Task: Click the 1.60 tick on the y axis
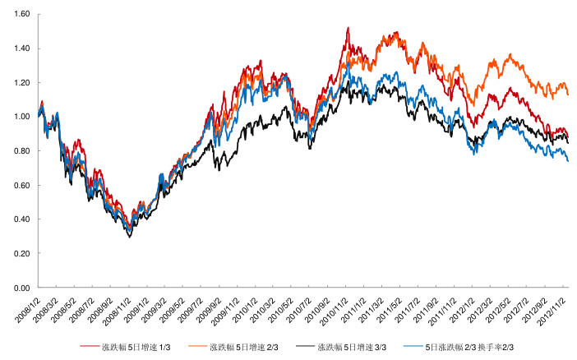click(21, 14)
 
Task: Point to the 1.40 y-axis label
click(21, 48)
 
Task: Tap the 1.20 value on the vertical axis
click(21, 83)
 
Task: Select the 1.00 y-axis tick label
click(21, 117)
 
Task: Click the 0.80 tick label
click(21, 151)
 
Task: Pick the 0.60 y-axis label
click(21, 186)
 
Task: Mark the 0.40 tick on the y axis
click(21, 219)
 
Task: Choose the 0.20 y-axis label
click(21, 254)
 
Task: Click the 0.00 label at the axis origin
click(21, 288)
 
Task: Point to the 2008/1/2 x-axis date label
click(30, 310)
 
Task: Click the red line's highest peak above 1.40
click(349, 28)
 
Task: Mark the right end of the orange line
click(567, 94)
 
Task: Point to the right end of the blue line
click(567, 160)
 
